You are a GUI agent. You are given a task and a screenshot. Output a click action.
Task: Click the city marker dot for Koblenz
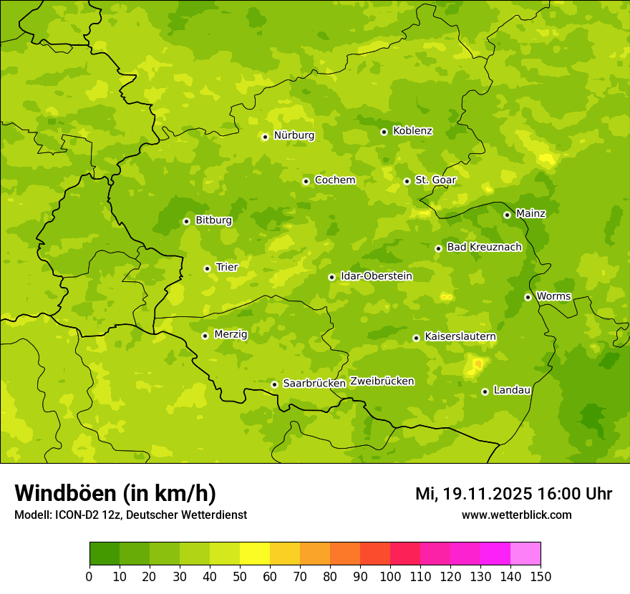pyautogui.click(x=384, y=132)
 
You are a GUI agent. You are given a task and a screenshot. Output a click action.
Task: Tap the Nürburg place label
pyautogui.click(x=294, y=135)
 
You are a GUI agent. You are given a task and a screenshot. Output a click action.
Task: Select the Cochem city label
pyautogui.click(x=334, y=180)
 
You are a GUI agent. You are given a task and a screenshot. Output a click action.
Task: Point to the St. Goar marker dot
pyautogui.click(x=407, y=181)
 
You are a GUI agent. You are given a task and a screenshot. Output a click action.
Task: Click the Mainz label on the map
pyautogui.click(x=530, y=214)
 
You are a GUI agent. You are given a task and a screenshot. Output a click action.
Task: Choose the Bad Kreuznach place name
pyautogui.click(x=484, y=248)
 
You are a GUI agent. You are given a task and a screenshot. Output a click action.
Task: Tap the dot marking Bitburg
pyautogui.click(x=186, y=221)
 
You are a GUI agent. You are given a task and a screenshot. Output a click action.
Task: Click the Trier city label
pyautogui.click(x=226, y=268)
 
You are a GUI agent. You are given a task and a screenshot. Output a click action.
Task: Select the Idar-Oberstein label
pyautogui.click(x=376, y=276)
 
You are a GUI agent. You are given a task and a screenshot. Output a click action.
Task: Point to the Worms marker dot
pyautogui.click(x=528, y=297)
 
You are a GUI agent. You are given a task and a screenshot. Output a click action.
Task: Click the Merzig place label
pyautogui.click(x=231, y=335)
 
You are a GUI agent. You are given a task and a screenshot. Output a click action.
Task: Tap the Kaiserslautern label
pyautogui.click(x=460, y=337)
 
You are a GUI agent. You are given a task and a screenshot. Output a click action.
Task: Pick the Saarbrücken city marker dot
pyautogui.click(x=274, y=384)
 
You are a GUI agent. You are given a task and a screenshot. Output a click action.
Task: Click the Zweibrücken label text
pyautogui.click(x=382, y=381)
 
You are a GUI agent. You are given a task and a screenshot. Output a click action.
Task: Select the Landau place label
pyautogui.click(x=512, y=391)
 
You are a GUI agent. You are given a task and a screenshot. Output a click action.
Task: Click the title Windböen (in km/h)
pyautogui.click(x=115, y=493)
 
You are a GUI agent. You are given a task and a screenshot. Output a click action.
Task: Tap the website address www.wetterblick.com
pyautogui.click(x=516, y=515)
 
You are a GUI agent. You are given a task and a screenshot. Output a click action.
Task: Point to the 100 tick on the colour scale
pyautogui.click(x=390, y=576)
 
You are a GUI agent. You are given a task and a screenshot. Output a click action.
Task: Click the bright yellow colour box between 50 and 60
pyautogui.click(x=255, y=554)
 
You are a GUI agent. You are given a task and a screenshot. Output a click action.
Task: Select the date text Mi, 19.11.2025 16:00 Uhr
pyautogui.click(x=513, y=494)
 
